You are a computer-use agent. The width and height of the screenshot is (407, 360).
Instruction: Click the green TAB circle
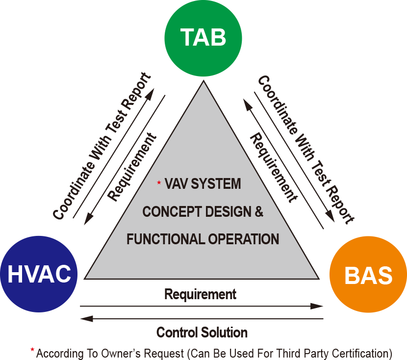[x=203, y=38]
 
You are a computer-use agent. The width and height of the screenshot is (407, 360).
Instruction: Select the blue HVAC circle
[x=39, y=274]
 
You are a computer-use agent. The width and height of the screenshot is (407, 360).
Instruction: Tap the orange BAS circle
[x=368, y=276]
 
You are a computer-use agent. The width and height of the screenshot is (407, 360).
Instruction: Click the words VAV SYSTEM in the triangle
[x=203, y=184]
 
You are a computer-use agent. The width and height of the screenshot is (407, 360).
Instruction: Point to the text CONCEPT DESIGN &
[x=203, y=212]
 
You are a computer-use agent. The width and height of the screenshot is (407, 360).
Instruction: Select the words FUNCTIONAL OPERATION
[x=203, y=239]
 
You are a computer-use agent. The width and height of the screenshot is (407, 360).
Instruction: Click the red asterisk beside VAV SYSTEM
[x=159, y=183]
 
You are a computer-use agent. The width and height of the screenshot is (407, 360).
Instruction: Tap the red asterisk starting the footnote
[x=32, y=350]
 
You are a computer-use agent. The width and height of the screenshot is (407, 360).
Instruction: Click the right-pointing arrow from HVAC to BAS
[x=202, y=306]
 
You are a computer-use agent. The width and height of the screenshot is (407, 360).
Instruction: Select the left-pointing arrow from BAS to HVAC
[x=202, y=318]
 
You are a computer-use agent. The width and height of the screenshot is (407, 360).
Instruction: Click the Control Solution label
[x=202, y=332]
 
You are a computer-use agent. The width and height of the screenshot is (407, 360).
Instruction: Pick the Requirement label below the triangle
[x=200, y=294]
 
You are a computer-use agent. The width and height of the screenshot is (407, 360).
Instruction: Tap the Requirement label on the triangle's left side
[x=132, y=167]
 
